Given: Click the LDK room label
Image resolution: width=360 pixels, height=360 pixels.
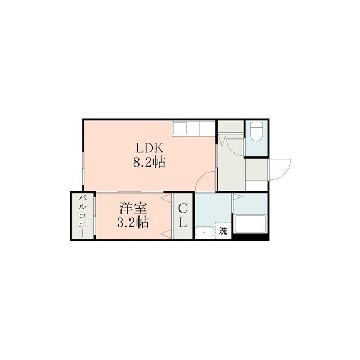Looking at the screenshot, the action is pyautogui.click(x=150, y=148).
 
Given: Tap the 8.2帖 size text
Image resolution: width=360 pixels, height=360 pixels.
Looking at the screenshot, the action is pyautogui.click(x=150, y=162).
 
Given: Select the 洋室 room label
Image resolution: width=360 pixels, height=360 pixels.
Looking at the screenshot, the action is pyautogui.click(x=133, y=208).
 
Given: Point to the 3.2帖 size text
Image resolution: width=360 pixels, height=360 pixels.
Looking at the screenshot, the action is pyautogui.click(x=133, y=222).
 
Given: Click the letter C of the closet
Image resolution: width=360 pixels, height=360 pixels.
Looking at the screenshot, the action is pyautogui.click(x=182, y=209).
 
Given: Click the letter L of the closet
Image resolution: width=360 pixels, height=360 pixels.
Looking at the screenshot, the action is pyautogui.click(x=183, y=222).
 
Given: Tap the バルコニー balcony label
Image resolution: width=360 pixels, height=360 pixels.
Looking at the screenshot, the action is pyautogui.click(x=83, y=216).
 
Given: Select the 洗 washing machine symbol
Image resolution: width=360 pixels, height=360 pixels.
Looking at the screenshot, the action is pyautogui.click(x=223, y=231).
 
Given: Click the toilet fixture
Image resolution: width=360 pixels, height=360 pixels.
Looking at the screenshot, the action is pyautogui.click(x=256, y=131).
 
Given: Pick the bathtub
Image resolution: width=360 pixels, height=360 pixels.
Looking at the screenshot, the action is pyautogui.click(x=251, y=224).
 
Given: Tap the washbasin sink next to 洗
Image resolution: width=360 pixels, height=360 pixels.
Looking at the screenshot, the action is pyautogui.click(x=204, y=233).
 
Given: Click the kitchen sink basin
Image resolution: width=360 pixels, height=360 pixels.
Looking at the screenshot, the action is pyautogui.click(x=179, y=129).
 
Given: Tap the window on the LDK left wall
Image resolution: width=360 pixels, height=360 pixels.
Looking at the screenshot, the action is pyautogui.click(x=83, y=168).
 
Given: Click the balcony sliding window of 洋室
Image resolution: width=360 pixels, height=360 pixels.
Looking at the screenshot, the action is pyautogui.click(x=94, y=216).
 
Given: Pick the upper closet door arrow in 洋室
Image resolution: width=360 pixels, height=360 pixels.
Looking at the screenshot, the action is pyautogui.click(x=166, y=198).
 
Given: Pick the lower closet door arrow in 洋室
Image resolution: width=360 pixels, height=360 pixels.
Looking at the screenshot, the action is pyautogui.click(x=166, y=234).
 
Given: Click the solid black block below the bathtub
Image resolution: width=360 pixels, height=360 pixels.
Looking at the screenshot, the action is pyautogui.click(x=250, y=237).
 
